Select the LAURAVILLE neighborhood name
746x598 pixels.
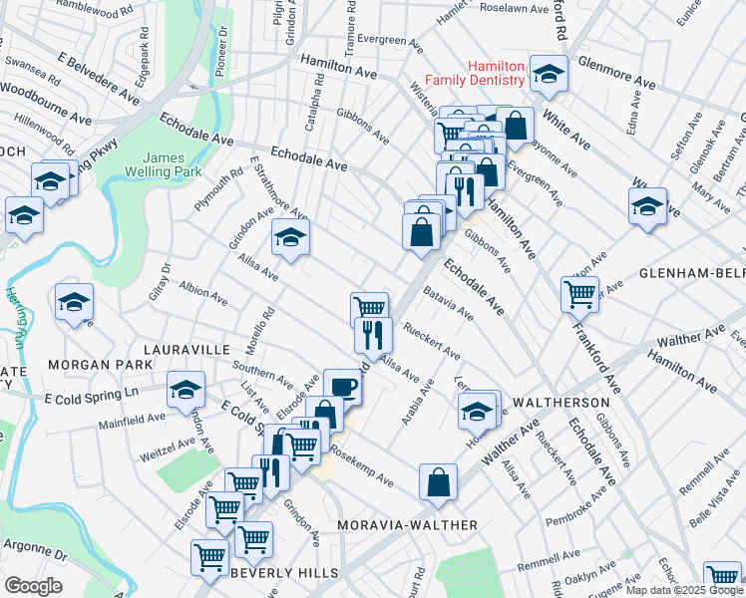coord(186,350)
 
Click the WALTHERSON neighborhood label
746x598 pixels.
coord(559,402)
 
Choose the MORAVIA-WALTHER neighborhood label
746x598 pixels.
coord(406,524)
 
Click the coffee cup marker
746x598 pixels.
coord(341,385)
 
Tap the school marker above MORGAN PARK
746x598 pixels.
coord(75,303)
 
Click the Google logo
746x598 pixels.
coord(33,586)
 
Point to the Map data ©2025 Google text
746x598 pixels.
coord(684,590)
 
